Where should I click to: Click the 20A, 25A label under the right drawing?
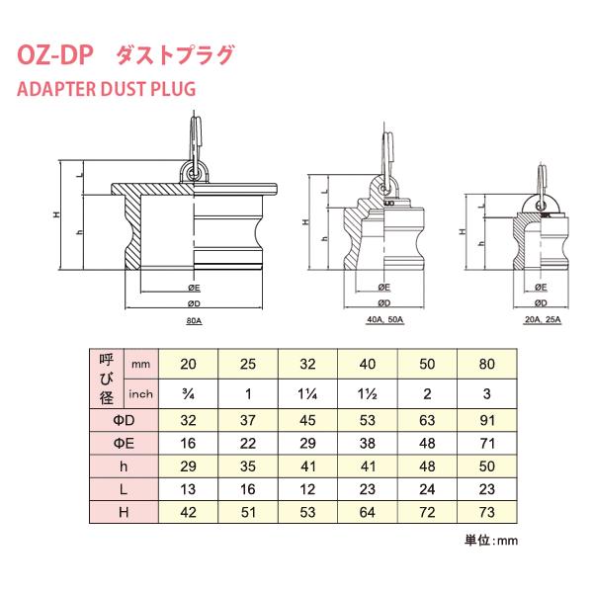[541, 320]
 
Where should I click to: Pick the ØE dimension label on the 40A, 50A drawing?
[383, 288]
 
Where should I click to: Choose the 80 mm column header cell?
[486, 364]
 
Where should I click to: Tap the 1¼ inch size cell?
[308, 394]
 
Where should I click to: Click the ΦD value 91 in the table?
[486, 421]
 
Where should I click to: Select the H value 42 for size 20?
[189, 512]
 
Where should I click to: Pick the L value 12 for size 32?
[308, 489]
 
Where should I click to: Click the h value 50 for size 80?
[486, 466]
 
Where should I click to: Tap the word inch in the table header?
[142, 394]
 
